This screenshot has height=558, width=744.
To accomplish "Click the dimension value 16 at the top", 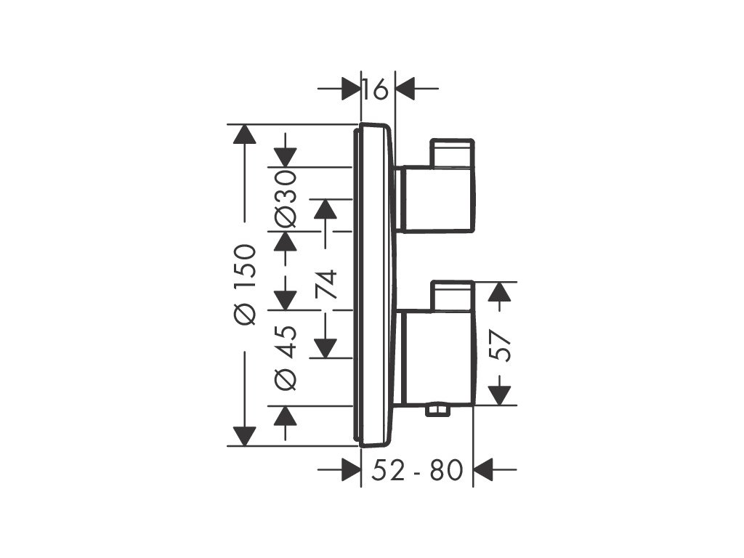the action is pyautogui.click(x=377, y=89).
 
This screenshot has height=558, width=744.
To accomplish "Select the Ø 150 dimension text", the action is pyautogui.click(x=246, y=285).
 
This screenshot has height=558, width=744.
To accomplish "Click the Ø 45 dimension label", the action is pyautogui.click(x=286, y=357).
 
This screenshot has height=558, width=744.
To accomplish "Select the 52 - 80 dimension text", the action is pyautogui.click(x=417, y=470).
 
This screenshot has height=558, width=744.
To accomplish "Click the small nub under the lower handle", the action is pyautogui.click(x=438, y=412).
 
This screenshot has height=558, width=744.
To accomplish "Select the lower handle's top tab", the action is pyautogui.click(x=452, y=296).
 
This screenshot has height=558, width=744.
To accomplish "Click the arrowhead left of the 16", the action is pyautogui.click(x=351, y=89).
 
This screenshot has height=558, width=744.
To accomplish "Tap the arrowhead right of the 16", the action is pyautogui.click(x=404, y=89).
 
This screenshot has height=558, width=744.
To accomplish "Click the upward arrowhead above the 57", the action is pyautogui.click(x=498, y=291).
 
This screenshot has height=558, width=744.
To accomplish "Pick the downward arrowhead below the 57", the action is pyautogui.click(x=498, y=395).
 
